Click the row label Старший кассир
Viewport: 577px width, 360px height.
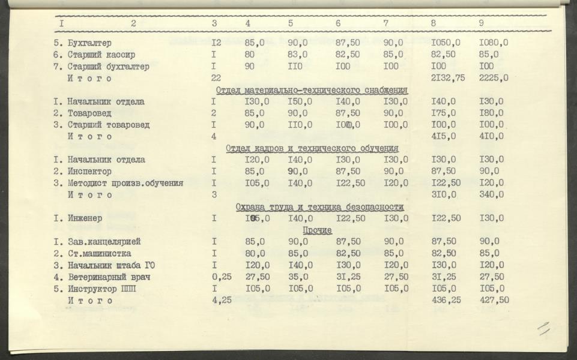(97, 55)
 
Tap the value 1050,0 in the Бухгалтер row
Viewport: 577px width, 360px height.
(446, 43)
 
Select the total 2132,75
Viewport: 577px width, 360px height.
(448, 78)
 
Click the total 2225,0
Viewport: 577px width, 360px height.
(494, 78)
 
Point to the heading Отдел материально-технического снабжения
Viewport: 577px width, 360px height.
(312, 90)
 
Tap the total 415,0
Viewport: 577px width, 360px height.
(443, 136)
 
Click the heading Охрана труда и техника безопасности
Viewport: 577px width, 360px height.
(319, 207)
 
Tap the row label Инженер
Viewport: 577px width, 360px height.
(85, 218)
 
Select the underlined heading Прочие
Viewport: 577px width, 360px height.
(318, 230)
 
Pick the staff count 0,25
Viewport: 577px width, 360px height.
(222, 277)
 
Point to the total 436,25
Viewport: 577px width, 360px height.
(446, 300)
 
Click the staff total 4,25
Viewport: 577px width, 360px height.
(222, 300)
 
